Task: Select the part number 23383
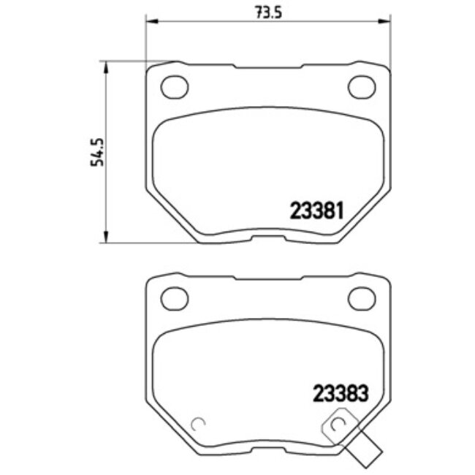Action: [x=338, y=392]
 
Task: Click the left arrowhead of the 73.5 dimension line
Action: [x=151, y=21]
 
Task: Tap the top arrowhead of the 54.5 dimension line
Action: [x=108, y=66]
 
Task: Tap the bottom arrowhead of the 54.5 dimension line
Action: [x=108, y=239]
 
